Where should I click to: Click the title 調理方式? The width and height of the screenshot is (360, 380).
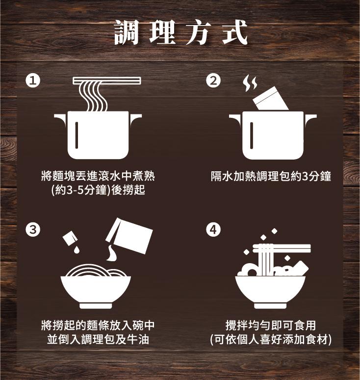(180, 33)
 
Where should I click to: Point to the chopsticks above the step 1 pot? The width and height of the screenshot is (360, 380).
(106, 81)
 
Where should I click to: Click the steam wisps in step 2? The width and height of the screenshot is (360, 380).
(250, 83)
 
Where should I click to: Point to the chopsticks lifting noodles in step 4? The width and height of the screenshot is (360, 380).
(281, 248)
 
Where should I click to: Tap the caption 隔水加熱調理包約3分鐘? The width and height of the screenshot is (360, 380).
(271, 176)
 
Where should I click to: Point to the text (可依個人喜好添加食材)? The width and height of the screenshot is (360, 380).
(271, 339)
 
